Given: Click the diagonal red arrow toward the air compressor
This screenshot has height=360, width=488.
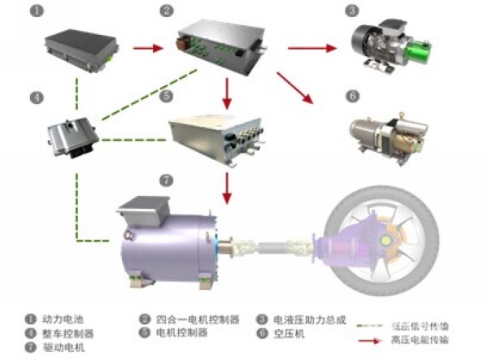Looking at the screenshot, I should [x=295, y=89].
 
